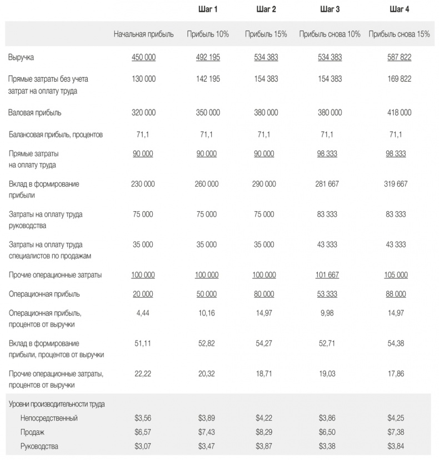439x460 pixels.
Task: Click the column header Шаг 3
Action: (330, 9)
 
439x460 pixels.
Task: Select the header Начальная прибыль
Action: (143, 34)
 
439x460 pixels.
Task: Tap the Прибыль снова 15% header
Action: (399, 34)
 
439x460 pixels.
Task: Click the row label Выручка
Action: (22, 57)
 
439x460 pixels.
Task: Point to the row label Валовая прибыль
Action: (34, 112)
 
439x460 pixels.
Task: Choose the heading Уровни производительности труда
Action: (57, 404)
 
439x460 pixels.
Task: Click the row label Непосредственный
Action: (49, 418)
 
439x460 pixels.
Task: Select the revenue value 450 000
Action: (143, 57)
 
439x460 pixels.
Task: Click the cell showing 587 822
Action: (399, 57)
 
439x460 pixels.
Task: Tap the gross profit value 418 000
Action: (399, 112)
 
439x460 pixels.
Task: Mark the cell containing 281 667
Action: (330, 184)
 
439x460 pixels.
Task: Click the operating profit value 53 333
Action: (330, 294)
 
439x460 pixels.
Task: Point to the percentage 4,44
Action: (143, 313)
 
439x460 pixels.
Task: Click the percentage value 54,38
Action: (396, 343)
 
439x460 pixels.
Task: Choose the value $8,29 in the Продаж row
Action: (264, 432)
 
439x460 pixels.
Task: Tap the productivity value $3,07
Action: (143, 446)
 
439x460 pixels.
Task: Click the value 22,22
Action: (143, 374)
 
